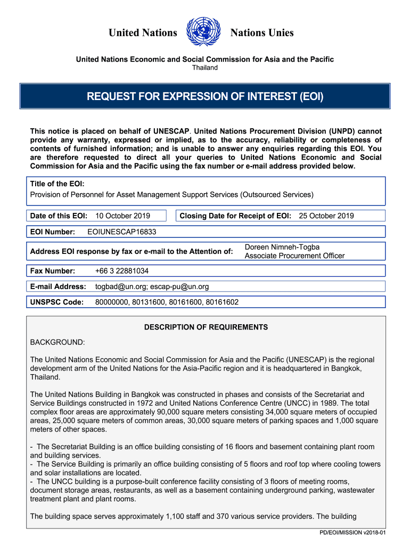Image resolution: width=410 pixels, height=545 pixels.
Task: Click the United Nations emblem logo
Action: coord(204,32)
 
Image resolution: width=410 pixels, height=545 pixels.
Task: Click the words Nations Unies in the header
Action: coord(261,33)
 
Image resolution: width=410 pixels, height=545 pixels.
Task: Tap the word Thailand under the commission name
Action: coord(205,68)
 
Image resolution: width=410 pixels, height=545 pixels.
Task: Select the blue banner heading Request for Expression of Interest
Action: coord(205,96)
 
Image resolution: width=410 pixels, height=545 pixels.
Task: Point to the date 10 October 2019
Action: coord(122,216)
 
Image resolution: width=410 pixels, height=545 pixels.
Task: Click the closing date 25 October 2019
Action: coord(326,216)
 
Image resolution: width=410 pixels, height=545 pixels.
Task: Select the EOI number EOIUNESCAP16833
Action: coord(121,232)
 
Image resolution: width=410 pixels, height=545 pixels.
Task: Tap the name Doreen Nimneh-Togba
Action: coord(282,247)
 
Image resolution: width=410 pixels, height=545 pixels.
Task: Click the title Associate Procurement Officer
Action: coord(294,256)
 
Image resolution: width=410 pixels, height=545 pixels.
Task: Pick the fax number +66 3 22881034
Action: coord(122,271)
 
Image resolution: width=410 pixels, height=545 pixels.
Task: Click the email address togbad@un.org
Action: coord(120,286)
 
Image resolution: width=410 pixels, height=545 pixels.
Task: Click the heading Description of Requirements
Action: coord(206,327)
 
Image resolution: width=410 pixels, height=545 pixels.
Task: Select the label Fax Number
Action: coord(53,271)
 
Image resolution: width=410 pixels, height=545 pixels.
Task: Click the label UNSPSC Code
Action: coord(57,302)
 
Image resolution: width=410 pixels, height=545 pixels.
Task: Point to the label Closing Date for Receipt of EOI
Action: coord(235,216)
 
